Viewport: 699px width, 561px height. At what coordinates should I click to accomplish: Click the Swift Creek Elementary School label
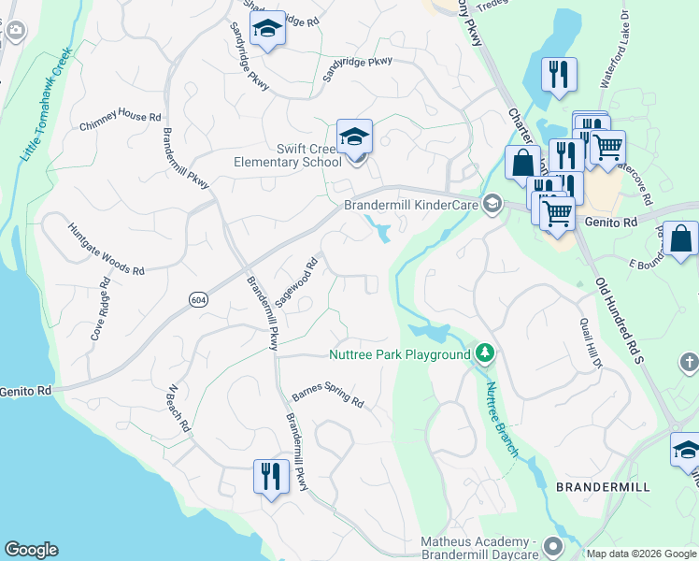[288, 155]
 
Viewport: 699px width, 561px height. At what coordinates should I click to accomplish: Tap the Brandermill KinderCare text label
[411, 205]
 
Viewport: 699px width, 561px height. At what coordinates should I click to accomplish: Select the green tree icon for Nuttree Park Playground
[484, 353]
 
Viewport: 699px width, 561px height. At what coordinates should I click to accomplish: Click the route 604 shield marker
[197, 298]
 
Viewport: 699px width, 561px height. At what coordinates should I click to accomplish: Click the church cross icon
[689, 362]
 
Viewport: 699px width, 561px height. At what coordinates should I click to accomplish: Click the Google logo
[31, 550]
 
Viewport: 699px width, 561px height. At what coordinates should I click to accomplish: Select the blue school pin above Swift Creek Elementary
[354, 137]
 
